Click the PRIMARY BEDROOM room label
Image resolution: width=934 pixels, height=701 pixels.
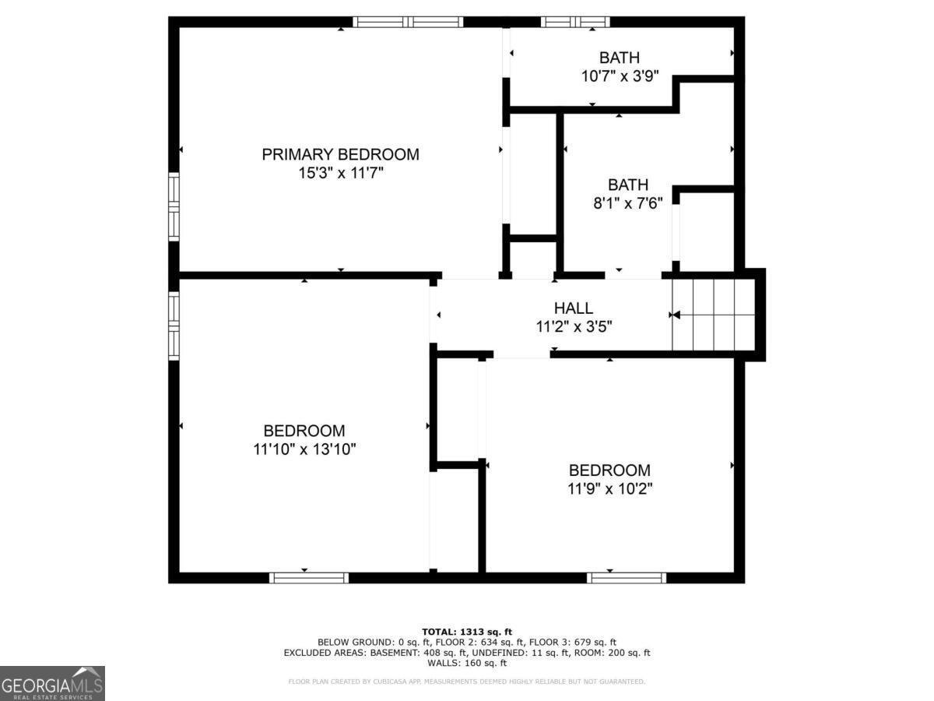click(x=340, y=154)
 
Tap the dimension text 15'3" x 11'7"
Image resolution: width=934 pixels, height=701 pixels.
click(x=340, y=174)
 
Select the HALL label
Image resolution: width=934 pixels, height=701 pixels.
click(x=574, y=308)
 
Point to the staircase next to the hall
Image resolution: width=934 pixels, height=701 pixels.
click(x=714, y=315)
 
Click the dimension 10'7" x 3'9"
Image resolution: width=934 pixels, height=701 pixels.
click(x=620, y=76)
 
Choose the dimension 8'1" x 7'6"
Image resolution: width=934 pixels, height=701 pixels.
click(x=628, y=204)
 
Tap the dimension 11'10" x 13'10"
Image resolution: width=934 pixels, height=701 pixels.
click(x=304, y=449)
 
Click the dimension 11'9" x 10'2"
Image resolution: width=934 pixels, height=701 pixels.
click(x=609, y=489)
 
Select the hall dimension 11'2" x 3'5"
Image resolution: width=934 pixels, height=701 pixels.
click(x=574, y=328)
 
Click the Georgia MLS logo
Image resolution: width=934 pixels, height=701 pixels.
click(x=52, y=683)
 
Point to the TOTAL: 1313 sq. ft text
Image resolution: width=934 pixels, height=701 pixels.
click(x=467, y=632)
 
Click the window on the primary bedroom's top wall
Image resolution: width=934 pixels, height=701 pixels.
click(x=408, y=22)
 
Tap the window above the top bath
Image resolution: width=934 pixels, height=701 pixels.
click(x=574, y=22)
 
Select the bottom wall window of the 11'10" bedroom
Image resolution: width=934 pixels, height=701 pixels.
click(x=309, y=577)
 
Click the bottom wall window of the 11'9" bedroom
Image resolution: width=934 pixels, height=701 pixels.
click(x=627, y=577)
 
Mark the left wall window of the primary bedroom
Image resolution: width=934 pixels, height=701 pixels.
click(x=174, y=206)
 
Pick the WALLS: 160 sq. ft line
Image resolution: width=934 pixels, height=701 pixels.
click(x=467, y=664)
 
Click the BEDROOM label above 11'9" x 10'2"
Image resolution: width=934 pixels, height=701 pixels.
click(x=609, y=470)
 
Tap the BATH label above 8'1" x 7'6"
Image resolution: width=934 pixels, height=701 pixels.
click(x=628, y=185)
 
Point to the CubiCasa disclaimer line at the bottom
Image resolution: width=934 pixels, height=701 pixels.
click(x=467, y=682)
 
